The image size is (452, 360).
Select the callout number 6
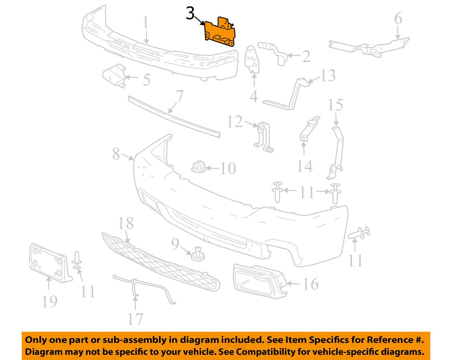398,18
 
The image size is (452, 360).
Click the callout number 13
328,76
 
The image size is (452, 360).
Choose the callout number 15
335,105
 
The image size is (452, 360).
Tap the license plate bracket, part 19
50,263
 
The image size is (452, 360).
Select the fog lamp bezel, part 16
260,281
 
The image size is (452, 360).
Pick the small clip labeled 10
199,167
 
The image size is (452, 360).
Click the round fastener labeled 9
198,254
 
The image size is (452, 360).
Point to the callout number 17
136,319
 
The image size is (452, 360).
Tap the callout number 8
116,154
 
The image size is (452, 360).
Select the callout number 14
305,166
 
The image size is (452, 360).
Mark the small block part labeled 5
114,76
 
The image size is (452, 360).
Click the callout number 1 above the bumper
146,22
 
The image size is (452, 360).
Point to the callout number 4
254,97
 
